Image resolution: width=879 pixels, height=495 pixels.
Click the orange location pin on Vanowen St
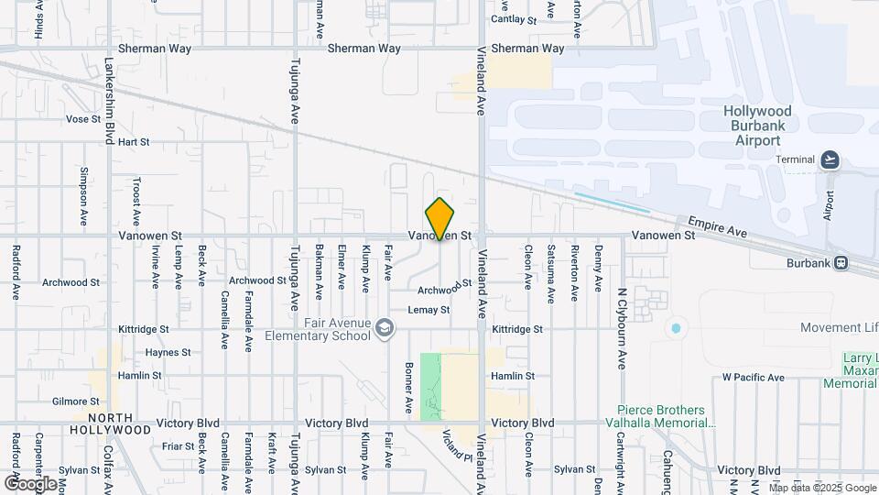[439, 219]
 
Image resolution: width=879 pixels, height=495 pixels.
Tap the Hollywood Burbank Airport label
[757, 126]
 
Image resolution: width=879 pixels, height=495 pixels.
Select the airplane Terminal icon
[830, 159]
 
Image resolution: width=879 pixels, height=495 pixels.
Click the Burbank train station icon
[841, 263]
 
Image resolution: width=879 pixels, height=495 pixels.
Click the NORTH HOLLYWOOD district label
[112, 423]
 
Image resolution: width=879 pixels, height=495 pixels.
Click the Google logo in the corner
[30, 483]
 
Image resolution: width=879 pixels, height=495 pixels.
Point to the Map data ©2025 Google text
[821, 488]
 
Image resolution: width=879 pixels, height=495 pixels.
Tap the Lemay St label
[429, 310]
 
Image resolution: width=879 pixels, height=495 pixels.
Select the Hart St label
[134, 142]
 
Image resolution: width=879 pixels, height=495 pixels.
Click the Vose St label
[82, 119]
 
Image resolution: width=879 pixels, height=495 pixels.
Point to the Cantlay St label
[513, 18]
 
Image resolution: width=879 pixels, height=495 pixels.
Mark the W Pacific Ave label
[753, 377]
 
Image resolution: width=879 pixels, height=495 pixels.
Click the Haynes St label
[168, 352]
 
